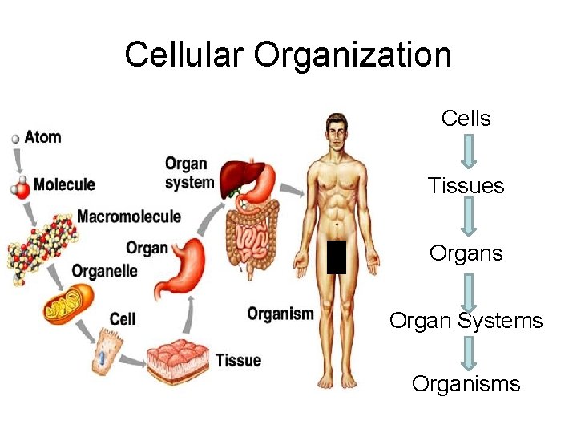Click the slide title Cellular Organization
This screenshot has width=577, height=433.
[x=288, y=55]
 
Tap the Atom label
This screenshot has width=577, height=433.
[x=42, y=136]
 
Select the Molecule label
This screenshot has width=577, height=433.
[x=63, y=184]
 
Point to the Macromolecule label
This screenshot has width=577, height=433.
[x=128, y=216]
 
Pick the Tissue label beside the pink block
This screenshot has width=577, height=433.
[x=238, y=360]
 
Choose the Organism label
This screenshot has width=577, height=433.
[x=280, y=314]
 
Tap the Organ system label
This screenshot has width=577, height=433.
[x=189, y=172]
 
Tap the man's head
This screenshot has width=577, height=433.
[x=337, y=132]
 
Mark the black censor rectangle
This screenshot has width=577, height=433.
[x=336, y=257]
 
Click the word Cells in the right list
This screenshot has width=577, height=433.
[x=466, y=119]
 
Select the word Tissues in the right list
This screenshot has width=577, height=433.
[x=466, y=186]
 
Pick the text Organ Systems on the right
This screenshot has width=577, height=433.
[x=466, y=321]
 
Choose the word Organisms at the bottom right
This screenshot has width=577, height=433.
[x=466, y=383]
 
